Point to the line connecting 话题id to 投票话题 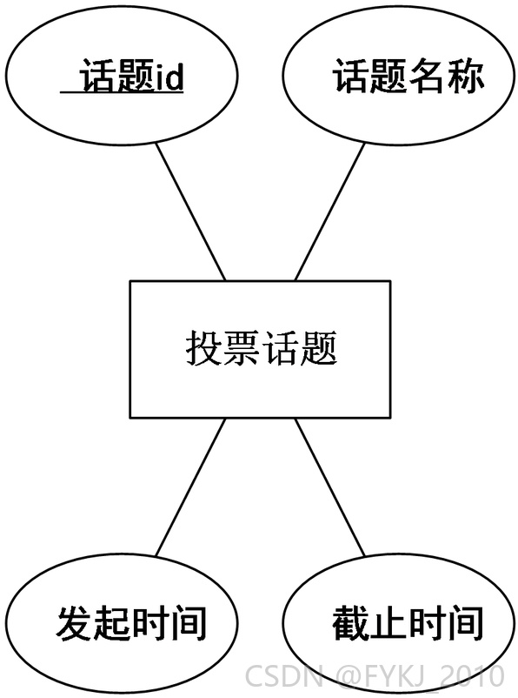190,211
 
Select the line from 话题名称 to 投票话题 329,211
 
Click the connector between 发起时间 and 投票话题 190,487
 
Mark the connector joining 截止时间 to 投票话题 329,487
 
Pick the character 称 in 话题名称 465,76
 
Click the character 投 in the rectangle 203,348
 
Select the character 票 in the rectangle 242,348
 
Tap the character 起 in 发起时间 112,623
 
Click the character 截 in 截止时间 351,623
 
